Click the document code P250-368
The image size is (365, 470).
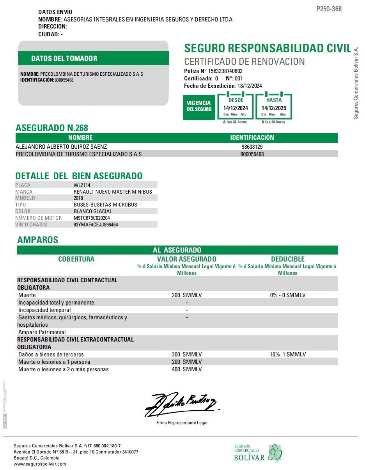pyautogui.click(x=329, y=9)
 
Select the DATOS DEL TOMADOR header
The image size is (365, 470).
pyautogui.click(x=64, y=59)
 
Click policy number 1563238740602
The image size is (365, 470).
pyautogui.click(x=225, y=71)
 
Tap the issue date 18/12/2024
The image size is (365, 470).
pyautogui.click(x=250, y=86)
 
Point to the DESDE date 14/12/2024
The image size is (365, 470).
pyautogui.click(x=235, y=108)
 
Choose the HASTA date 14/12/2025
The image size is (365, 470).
pyautogui.click(x=274, y=108)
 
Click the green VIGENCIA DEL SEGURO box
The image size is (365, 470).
pyautogui.click(x=199, y=106)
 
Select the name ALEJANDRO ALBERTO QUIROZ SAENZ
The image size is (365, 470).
pyautogui.click(x=61, y=147)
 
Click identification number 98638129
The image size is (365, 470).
pyautogui.click(x=252, y=147)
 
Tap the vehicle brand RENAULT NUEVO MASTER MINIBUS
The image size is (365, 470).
pyautogui.click(x=113, y=192)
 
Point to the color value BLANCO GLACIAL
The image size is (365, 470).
pyautogui.click(x=93, y=211)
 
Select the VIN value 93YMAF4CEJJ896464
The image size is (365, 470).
pyautogui.click(x=96, y=224)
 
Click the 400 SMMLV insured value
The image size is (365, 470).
pyautogui.click(x=187, y=369)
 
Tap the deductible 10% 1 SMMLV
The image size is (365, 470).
pyautogui.click(x=287, y=354)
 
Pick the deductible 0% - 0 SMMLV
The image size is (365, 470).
pyautogui.click(x=287, y=295)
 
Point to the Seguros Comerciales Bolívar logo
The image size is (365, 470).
pyautogui.click(x=258, y=453)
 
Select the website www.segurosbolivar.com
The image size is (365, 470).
pyautogui.click(x=40, y=464)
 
